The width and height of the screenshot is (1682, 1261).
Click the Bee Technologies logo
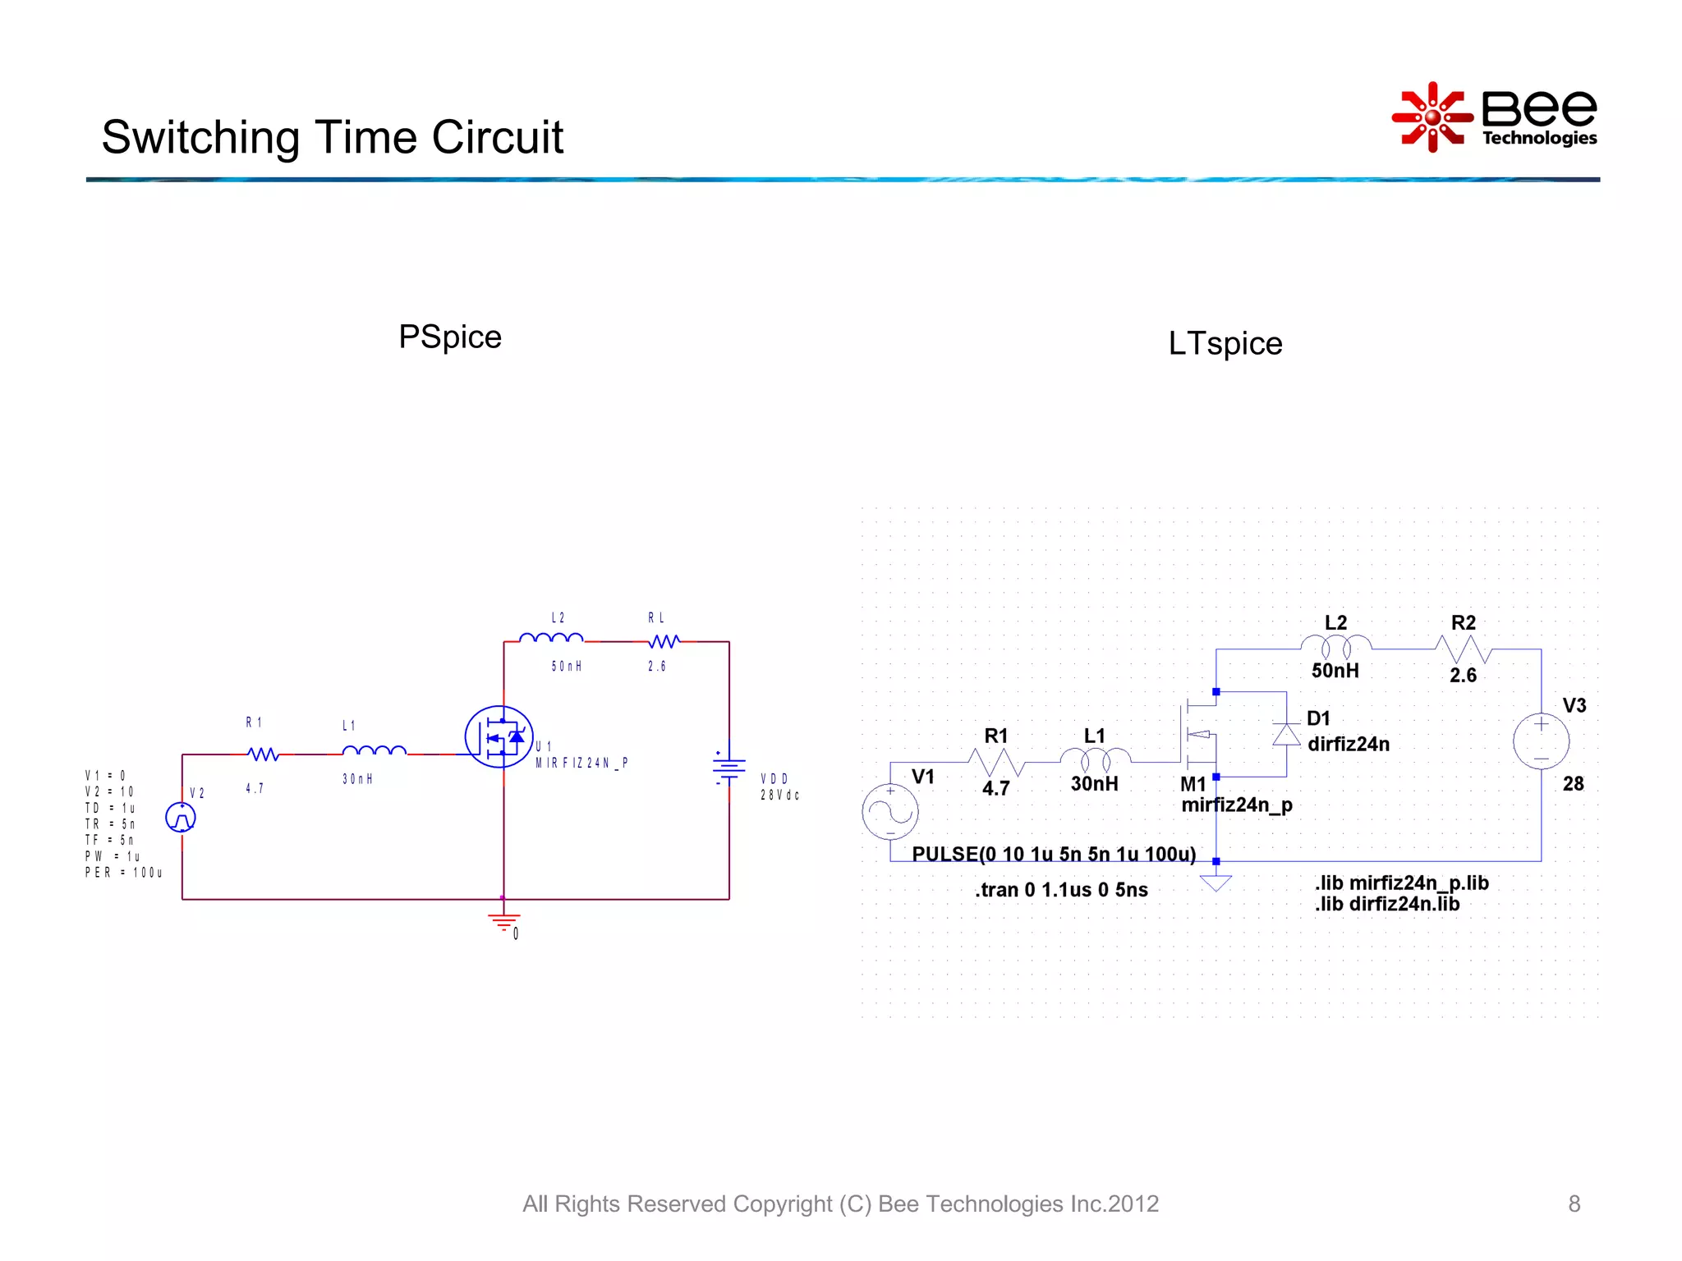[x=1495, y=117]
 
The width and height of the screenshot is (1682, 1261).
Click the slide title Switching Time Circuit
[x=333, y=137]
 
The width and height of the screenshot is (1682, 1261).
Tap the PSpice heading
[x=450, y=337]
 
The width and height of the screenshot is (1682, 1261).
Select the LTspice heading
[x=1225, y=344]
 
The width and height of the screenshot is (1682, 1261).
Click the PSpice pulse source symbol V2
[x=181, y=818]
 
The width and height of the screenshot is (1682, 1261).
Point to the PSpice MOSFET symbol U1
[x=499, y=737]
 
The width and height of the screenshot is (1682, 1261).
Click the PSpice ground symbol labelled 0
[x=504, y=921]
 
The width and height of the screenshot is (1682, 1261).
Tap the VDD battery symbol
[x=728, y=768]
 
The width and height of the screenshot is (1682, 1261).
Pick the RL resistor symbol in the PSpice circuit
[x=664, y=641]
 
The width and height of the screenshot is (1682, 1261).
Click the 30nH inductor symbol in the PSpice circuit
[x=374, y=751]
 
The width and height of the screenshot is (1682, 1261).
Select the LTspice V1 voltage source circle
[x=890, y=812]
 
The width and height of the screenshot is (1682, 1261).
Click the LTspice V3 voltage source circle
[x=1541, y=741]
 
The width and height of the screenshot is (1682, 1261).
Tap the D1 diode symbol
[x=1286, y=734]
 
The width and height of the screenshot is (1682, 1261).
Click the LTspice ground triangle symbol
[x=1216, y=883]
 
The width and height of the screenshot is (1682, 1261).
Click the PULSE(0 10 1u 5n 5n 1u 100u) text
[x=1054, y=855]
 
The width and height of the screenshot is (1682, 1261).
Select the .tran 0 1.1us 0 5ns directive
[x=1061, y=890]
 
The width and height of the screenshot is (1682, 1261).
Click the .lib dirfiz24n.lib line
[x=1386, y=905]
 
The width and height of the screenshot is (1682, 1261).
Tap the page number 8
[x=1574, y=1204]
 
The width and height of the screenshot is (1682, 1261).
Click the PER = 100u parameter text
[x=123, y=873]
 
